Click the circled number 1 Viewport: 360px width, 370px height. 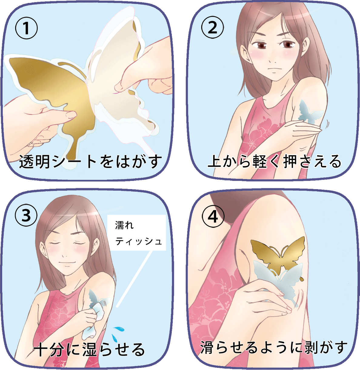click(x=26, y=28)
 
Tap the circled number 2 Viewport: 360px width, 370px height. click(x=212, y=27)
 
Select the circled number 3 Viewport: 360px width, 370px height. click(x=26, y=216)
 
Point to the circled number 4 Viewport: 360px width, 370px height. click(x=213, y=217)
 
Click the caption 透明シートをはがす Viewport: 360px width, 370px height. click(x=91, y=162)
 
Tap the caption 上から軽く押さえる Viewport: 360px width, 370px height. click(x=274, y=162)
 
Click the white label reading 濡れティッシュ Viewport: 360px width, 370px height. click(x=137, y=233)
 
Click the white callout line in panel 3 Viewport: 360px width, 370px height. click(x=135, y=279)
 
